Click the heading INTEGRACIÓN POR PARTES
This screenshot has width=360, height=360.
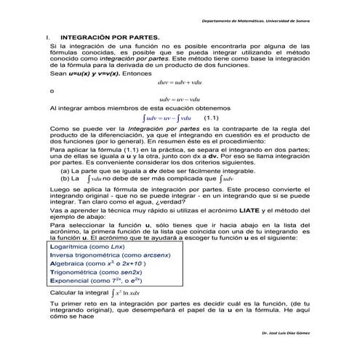pos(109,35)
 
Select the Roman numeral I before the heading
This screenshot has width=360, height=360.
pos(47,35)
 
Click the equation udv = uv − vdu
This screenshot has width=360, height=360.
pos(178,98)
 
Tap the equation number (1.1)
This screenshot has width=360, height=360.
pos(211,116)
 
